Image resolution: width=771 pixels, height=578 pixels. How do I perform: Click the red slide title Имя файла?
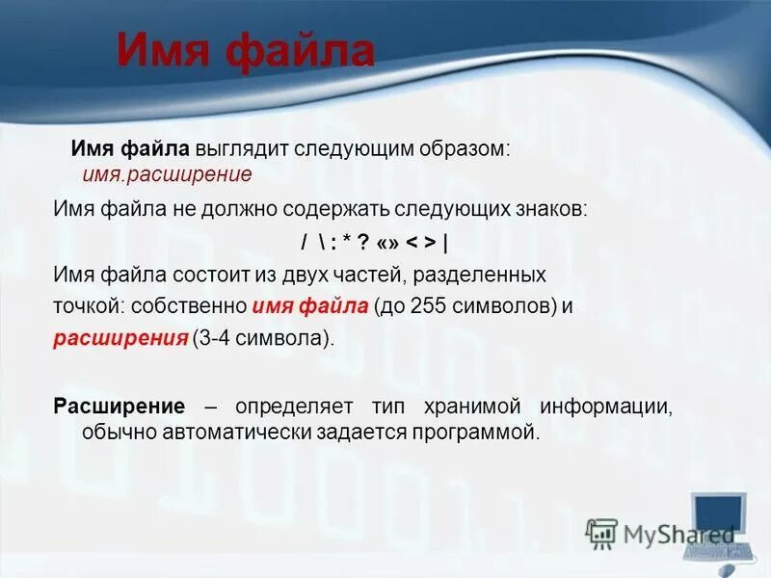click(x=245, y=50)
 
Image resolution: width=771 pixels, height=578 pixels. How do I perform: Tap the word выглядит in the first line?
click(x=234, y=150)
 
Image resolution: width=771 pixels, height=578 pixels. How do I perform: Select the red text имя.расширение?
click(x=167, y=174)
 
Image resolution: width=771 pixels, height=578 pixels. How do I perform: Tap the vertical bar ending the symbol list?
click(x=445, y=242)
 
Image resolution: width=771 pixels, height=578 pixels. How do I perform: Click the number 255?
click(x=427, y=307)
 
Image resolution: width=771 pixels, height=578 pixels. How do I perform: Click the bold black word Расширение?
click(x=119, y=405)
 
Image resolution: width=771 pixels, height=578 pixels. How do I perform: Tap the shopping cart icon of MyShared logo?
click(x=602, y=533)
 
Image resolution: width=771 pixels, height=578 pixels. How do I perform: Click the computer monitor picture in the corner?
click(x=718, y=520)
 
